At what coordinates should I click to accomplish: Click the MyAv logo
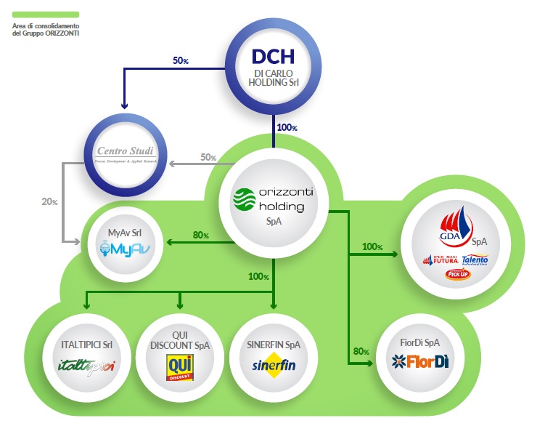coord(131,247)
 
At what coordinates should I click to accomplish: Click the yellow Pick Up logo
coord(456,275)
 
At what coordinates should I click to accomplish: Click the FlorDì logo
coord(419,361)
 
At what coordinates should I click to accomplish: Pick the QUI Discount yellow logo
coord(179,365)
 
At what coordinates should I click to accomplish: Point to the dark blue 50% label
coord(181,60)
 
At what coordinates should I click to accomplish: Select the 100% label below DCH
coord(287,127)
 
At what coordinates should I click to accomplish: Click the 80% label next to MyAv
coord(200,235)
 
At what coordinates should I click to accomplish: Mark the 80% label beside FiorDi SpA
coord(361,352)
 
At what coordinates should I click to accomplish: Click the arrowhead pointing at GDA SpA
coord(395,254)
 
